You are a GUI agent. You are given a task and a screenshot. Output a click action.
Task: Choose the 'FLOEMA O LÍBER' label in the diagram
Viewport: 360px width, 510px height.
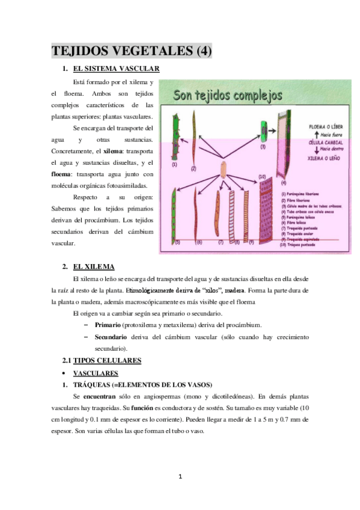click(320, 128)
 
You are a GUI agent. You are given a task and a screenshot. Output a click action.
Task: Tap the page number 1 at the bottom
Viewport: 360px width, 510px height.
click(180, 478)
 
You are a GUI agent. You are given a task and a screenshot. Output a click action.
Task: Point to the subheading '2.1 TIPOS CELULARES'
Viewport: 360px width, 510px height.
click(102, 361)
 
